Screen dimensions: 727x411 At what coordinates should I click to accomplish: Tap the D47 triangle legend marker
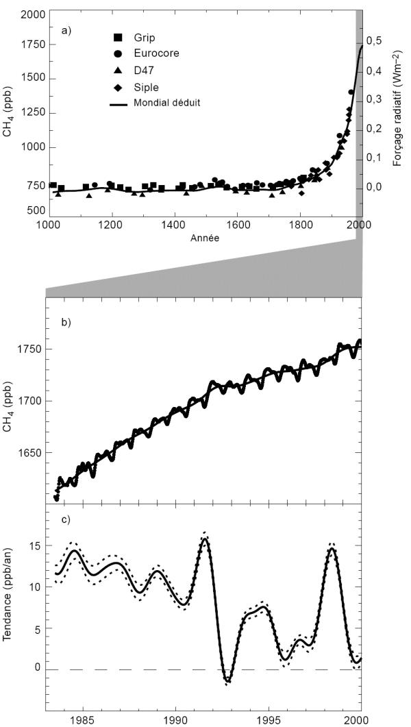119,69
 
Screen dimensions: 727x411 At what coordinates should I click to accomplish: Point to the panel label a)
66,30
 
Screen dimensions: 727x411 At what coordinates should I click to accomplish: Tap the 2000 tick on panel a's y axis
29,14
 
